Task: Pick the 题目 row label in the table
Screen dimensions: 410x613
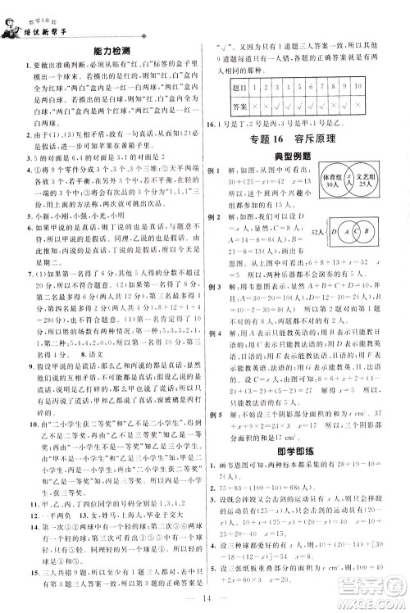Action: click(241, 85)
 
